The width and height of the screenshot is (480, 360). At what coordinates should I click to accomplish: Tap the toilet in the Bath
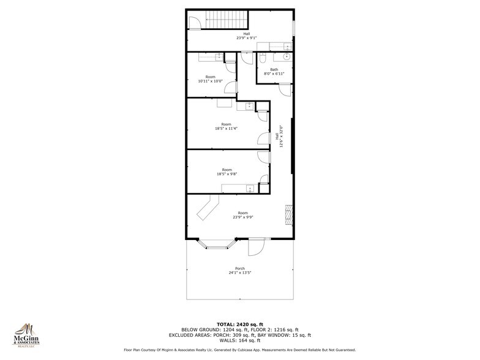coord(262,59)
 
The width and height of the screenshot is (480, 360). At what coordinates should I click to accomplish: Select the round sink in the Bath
coord(286,60)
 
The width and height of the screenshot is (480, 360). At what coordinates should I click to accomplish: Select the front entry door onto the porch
coord(256,247)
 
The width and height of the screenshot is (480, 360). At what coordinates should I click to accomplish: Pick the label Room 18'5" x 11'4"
coord(227,126)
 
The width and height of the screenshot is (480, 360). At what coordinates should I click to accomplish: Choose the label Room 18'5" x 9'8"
coord(227,171)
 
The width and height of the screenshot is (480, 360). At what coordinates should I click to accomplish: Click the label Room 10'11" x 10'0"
coord(210,79)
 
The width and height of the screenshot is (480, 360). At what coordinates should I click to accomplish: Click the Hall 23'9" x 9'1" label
coord(246,36)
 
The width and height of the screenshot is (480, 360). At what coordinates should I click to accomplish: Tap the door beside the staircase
coord(194,22)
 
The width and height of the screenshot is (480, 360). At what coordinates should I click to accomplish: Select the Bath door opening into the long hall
coord(285,89)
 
